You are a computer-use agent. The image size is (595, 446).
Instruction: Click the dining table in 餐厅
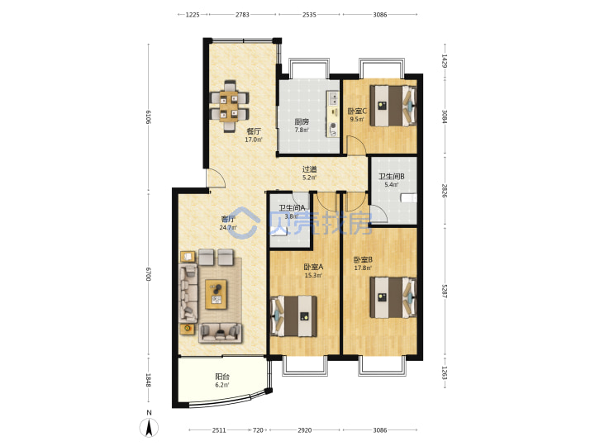point(230,106)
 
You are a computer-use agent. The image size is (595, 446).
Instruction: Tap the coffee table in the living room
point(216,294)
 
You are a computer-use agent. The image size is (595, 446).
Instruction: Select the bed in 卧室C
point(393,106)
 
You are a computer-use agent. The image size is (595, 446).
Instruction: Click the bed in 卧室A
point(293,316)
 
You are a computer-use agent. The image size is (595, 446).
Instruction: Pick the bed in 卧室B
point(393,297)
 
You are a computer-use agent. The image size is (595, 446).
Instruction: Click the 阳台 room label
point(222,377)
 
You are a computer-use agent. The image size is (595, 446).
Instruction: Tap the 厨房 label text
point(302,121)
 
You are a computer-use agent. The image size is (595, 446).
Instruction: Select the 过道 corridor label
point(309,169)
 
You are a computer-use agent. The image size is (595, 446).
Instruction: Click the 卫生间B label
point(391,177)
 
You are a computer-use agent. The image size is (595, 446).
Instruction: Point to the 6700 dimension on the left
point(148,274)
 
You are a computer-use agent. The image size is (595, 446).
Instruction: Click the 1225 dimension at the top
point(193,15)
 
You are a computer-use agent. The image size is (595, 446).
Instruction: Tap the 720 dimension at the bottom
point(258,430)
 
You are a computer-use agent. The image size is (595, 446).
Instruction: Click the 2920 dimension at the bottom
point(304,430)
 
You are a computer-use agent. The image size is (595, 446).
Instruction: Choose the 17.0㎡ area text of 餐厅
point(254,140)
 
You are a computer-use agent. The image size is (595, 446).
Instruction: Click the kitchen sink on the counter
point(333,98)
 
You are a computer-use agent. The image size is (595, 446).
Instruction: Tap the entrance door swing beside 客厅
point(216,178)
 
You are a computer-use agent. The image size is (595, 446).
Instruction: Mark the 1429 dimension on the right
point(445,61)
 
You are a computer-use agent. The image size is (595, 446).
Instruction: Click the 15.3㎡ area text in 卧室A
point(313,275)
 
